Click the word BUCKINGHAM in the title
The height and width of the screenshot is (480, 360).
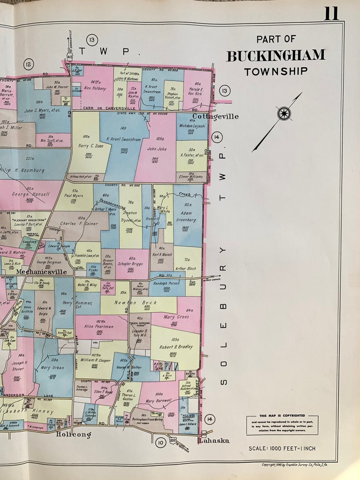276,56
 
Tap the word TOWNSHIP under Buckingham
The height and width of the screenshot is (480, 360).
276,71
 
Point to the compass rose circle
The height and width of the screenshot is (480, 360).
284,113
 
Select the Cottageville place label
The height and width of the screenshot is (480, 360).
215,116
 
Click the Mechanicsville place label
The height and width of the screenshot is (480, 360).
42,272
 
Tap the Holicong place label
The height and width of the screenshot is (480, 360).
73,435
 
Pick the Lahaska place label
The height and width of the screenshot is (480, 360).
214,441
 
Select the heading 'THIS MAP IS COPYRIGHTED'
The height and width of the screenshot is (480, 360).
282,416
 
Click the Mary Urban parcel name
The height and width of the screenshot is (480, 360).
52,368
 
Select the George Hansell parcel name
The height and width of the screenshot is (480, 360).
29,194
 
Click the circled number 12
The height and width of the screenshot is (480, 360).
29,64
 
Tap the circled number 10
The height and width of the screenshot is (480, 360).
160,442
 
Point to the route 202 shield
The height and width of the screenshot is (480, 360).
172,440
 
